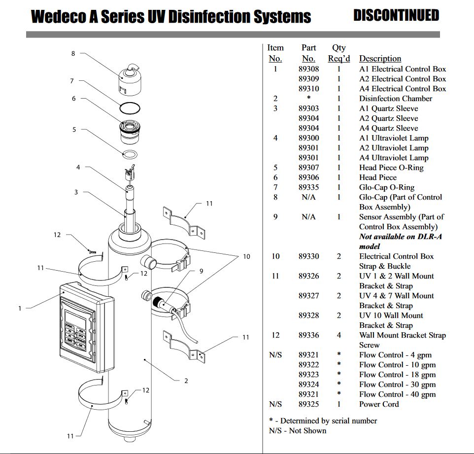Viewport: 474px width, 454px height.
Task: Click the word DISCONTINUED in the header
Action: [x=396, y=15]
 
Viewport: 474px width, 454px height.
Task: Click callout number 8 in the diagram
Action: [x=73, y=53]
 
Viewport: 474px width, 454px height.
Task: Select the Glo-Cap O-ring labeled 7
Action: [x=131, y=108]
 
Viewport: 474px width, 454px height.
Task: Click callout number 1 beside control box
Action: [x=20, y=309]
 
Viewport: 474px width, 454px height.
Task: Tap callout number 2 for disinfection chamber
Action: [x=186, y=381]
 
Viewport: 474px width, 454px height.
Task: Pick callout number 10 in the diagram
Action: [x=246, y=256]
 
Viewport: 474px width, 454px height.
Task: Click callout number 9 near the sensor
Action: [x=201, y=271]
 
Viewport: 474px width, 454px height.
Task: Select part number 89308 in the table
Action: [x=308, y=69]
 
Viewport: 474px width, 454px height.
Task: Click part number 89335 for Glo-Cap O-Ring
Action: [x=308, y=187]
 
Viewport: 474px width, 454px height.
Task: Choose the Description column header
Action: [x=380, y=59]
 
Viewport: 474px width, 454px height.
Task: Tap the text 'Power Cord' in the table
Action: [x=379, y=404]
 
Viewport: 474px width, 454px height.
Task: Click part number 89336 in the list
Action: [x=308, y=335]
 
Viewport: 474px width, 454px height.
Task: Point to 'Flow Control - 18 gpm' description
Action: [x=397, y=375]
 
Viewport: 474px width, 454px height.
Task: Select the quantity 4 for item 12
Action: [x=339, y=335]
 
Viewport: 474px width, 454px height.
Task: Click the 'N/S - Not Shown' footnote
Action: [x=298, y=430]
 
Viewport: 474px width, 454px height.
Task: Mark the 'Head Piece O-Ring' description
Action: [x=391, y=168]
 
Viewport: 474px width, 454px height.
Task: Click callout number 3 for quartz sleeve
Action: [x=76, y=192]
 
